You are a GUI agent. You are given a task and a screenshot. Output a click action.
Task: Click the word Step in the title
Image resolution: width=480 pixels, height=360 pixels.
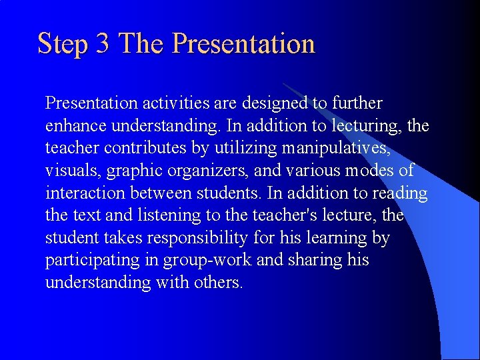pos(63,44)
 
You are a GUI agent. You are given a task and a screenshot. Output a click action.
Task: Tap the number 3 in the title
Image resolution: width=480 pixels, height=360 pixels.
pos(103,44)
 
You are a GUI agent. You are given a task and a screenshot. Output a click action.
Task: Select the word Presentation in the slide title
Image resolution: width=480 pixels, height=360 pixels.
pos(243,44)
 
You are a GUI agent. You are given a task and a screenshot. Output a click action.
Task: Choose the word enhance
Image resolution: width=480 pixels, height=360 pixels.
pos(75,126)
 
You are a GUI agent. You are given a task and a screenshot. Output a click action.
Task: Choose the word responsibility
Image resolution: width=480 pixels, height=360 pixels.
pos(191,238)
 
